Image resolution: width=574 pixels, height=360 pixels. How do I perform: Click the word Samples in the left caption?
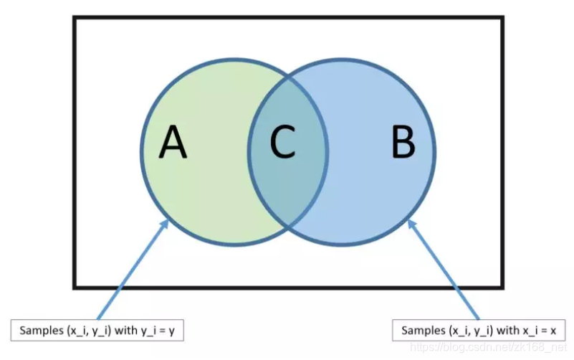click(39, 331)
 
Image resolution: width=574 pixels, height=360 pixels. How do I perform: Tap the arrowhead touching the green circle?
click(166, 223)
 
